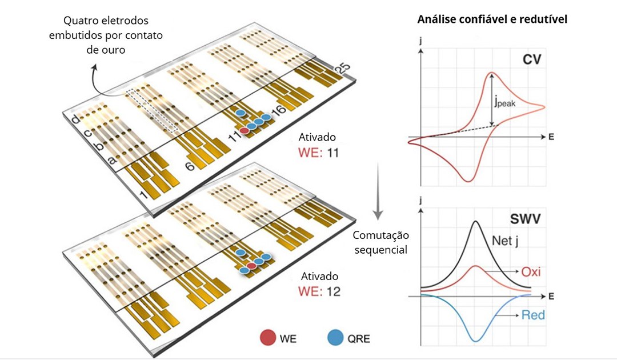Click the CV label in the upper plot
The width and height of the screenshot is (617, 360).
532,59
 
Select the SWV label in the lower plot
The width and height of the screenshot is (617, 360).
526,219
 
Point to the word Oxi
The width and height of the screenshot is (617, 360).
531,271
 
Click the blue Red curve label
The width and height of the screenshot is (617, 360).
533,315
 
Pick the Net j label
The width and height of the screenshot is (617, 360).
505,241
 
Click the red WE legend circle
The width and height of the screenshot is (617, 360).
267,338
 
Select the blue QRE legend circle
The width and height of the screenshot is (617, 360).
335,338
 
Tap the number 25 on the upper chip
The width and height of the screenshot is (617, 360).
342,69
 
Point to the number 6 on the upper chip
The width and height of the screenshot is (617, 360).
190,166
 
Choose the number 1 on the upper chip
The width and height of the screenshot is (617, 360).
144,194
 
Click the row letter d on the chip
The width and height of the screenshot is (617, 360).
76,119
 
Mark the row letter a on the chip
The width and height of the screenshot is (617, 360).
112,160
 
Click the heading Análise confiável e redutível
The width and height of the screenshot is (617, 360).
492,19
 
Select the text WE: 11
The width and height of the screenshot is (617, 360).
319,152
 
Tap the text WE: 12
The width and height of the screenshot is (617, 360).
319,291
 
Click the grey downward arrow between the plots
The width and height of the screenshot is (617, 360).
378,191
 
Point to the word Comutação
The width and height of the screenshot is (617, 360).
380,235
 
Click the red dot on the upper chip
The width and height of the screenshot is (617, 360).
245,131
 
